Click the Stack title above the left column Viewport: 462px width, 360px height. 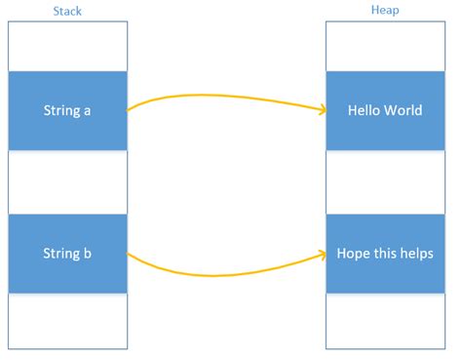pyautogui.click(x=66, y=10)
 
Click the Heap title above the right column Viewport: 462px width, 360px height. pyautogui.click(x=385, y=10)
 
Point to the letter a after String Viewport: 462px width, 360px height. pyautogui.click(x=87, y=110)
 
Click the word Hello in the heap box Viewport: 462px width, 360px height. pyautogui.click(x=365, y=110)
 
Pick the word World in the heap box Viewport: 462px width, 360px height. pyautogui.click(x=404, y=110)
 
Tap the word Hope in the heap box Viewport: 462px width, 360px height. pyautogui.click(x=353, y=254)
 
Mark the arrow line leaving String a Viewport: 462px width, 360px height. pyautogui.click(x=224, y=97)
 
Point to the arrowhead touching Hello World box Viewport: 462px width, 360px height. pyautogui.click(x=321, y=110)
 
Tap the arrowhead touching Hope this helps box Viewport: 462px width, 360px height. pyautogui.click(x=321, y=254)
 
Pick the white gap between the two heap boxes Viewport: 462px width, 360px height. pyautogui.click(x=385, y=182)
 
